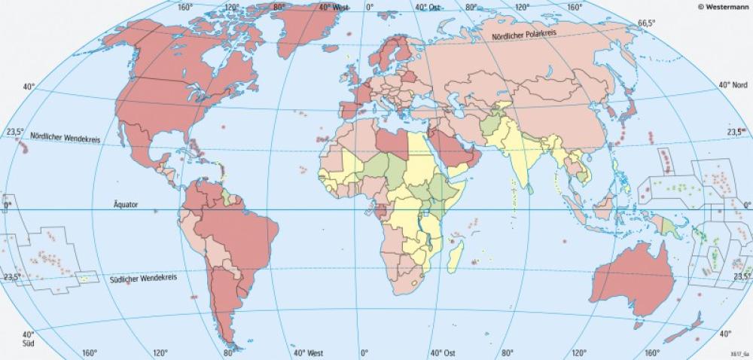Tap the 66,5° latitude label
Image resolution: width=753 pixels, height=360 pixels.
[648, 23]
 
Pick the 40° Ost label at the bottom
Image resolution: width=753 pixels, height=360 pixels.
[443, 352]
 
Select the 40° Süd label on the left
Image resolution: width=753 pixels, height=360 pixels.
[28, 338]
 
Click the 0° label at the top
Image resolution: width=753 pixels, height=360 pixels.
[369, 7]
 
